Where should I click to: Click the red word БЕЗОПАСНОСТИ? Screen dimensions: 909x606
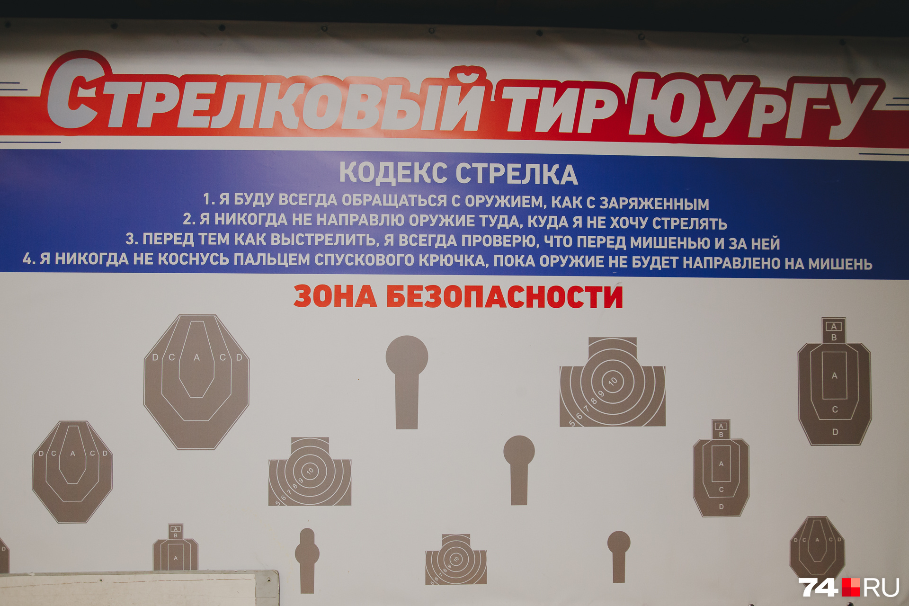[504, 297]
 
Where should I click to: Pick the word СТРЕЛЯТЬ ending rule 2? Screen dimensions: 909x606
[689, 223]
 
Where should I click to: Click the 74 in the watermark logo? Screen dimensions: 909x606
[818, 587]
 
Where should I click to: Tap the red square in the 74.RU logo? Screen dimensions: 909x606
[850, 587]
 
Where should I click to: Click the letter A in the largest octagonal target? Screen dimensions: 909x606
[196, 358]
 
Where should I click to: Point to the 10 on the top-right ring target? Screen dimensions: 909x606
[614, 381]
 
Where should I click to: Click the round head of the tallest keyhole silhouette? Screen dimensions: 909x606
[407, 356]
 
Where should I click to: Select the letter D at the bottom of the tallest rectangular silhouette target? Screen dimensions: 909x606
[835, 432]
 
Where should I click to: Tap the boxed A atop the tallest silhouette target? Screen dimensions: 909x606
[834, 326]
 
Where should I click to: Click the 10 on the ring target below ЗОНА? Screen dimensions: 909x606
[310, 471]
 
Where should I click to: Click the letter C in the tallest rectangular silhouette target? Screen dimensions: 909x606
[835, 410]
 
